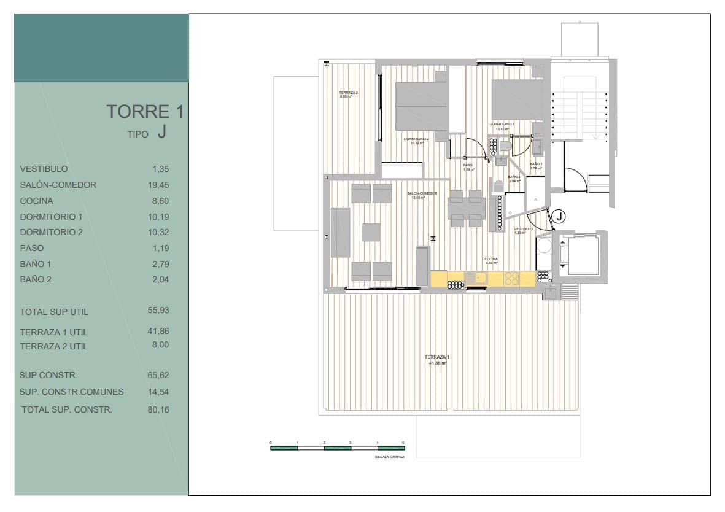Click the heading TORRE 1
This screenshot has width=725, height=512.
click(144, 112)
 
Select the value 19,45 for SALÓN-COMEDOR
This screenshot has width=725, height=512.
click(160, 185)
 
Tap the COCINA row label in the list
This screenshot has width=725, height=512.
click(36, 201)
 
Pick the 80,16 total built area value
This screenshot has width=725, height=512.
click(158, 409)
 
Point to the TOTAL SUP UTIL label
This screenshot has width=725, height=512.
click(54, 312)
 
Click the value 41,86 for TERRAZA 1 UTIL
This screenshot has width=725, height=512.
click(158, 331)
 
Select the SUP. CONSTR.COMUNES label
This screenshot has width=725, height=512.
click(71, 392)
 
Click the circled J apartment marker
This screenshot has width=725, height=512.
click(559, 216)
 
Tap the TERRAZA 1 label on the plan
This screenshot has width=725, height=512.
click(437, 357)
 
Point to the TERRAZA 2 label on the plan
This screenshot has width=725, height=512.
click(348, 93)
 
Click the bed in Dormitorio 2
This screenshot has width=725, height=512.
click(421, 106)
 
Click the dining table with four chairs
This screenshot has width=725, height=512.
click(466, 208)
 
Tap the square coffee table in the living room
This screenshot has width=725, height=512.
click(371, 232)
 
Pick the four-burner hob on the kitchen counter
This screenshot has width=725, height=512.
click(511, 279)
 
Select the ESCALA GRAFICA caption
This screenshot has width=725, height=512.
click(389, 457)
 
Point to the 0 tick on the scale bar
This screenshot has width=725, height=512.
click(271, 443)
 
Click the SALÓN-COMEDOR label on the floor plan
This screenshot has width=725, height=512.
click(422, 193)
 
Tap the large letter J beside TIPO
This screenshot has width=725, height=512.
click(161, 132)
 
